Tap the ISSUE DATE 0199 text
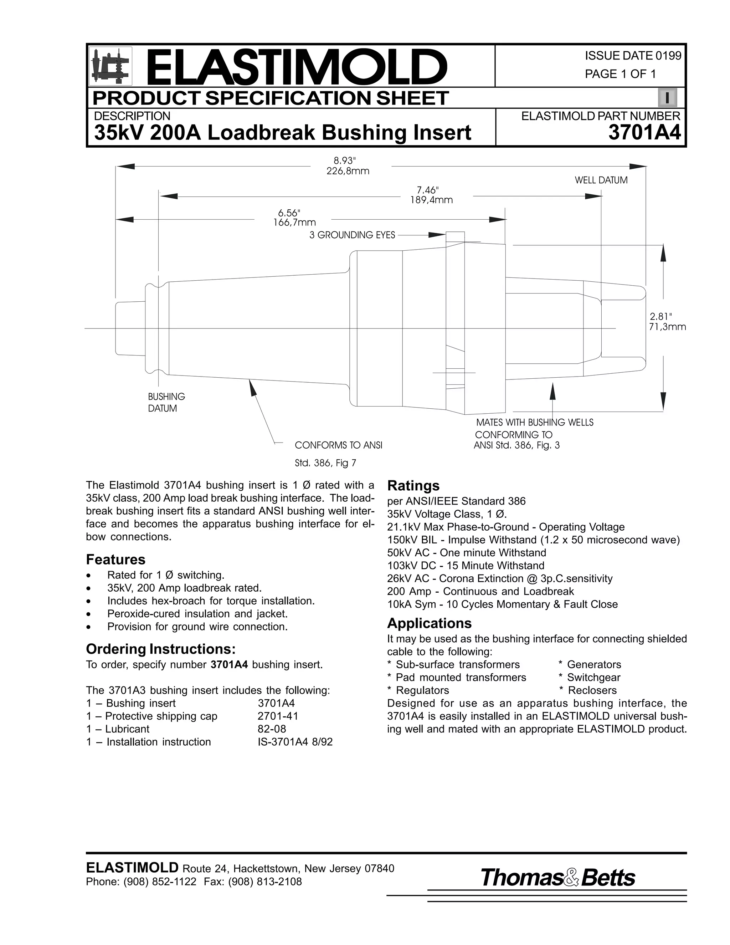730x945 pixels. coord(633,56)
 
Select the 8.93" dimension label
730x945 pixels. coord(347,161)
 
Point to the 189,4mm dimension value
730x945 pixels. coord(431,200)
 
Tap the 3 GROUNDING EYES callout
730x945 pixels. coord(352,235)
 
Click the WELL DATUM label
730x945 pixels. coord(601,180)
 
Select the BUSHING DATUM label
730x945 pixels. coord(166,402)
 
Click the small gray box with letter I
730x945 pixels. coord(667,98)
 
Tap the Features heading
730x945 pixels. coord(115,560)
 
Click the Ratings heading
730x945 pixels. coord(413,485)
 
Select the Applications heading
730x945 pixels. coord(429,623)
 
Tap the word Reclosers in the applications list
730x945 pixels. coord(592,690)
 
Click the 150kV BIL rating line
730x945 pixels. coord(533,540)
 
